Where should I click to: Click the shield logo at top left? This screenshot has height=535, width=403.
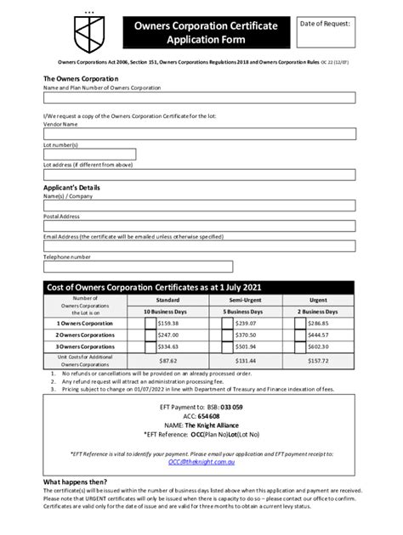click(67, 36)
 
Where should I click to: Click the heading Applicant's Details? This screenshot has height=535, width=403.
click(71, 187)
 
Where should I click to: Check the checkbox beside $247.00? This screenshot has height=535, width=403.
click(150, 335)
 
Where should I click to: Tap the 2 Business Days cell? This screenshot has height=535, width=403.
click(317, 312)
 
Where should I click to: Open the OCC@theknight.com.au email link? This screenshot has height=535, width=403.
click(201, 462)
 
